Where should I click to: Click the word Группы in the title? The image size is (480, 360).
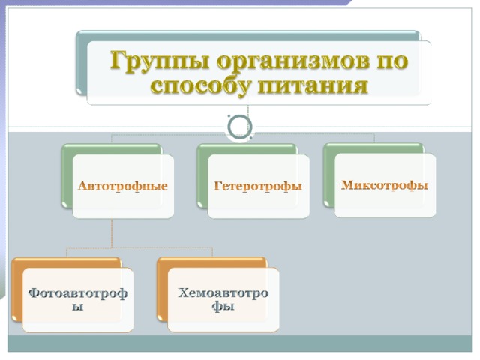(x=160, y=61)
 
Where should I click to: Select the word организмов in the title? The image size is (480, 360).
(x=294, y=61)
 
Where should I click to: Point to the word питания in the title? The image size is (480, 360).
(x=313, y=85)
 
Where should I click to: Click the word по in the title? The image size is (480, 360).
(x=394, y=60)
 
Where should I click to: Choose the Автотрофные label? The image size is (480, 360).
(x=123, y=186)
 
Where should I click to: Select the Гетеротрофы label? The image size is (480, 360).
(x=258, y=186)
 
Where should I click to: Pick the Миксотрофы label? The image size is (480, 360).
(x=385, y=185)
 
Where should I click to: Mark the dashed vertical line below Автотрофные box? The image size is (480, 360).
(x=112, y=232)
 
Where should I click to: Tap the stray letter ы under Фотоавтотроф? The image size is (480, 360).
(x=77, y=307)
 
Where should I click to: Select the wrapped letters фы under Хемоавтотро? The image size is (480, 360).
(x=223, y=307)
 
